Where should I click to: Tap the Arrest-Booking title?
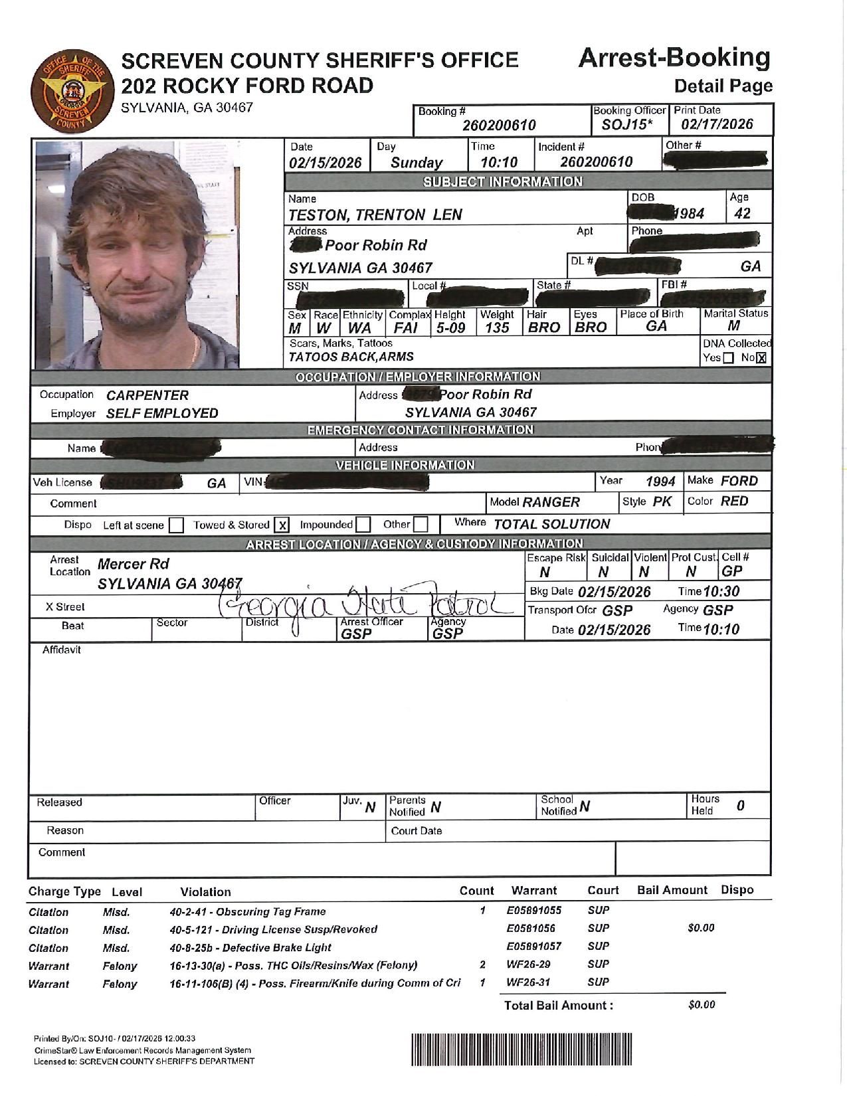pos(674,58)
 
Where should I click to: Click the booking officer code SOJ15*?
pos(628,124)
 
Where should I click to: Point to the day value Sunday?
pos(417,162)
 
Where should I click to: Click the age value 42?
pos(742,213)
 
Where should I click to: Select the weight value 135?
pos(497,327)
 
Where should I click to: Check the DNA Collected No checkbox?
pos(761,358)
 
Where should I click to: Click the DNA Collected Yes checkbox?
pos(728,358)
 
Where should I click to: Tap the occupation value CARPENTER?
pos(147,395)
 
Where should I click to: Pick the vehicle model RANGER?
pos(551,502)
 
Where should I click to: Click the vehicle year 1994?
pos(660,482)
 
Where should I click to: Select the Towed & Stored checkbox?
pos(282,525)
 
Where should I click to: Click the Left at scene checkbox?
pos(176,525)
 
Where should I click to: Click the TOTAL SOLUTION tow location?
pos(551,524)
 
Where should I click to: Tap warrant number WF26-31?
pos(528,982)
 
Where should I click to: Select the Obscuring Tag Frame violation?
pos(248,911)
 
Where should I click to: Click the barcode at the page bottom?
pos(521,1050)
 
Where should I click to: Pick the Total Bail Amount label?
pos(558,1005)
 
